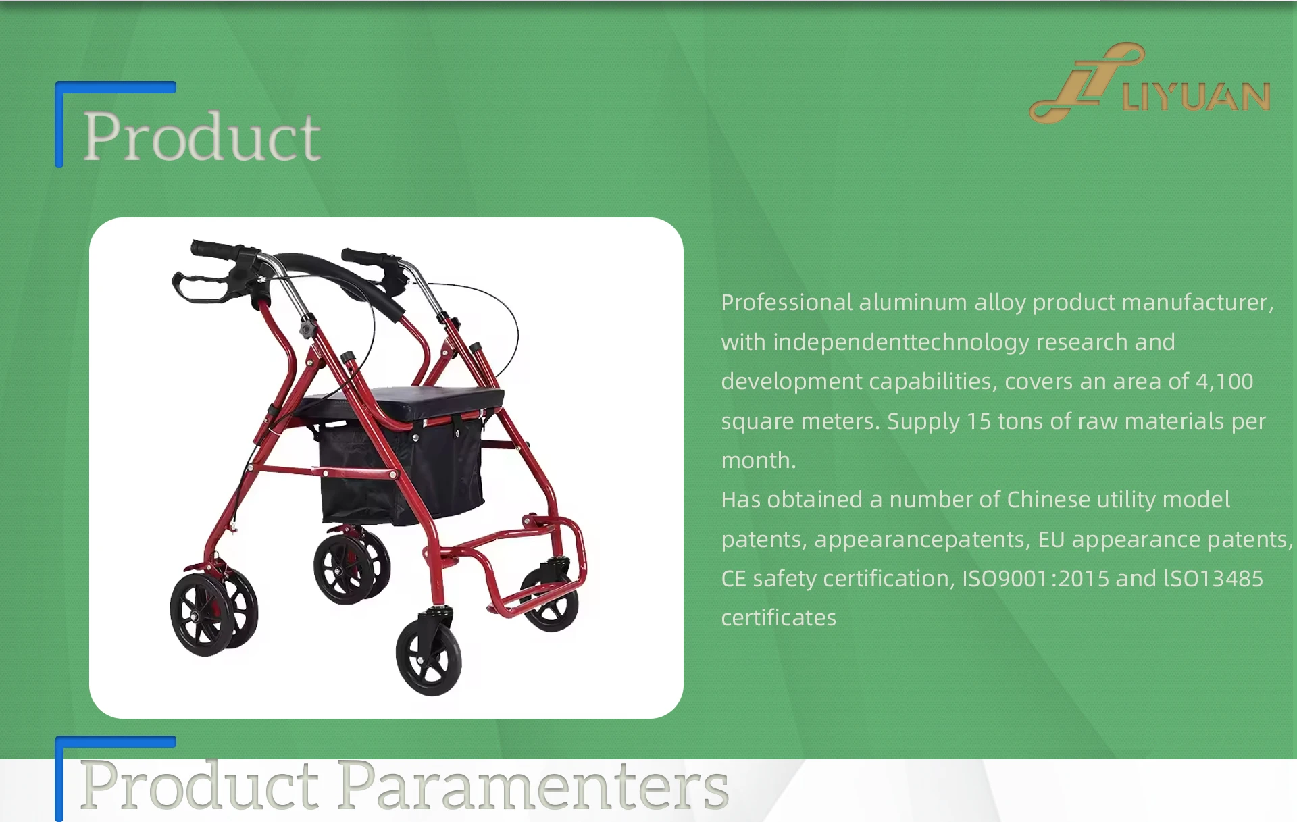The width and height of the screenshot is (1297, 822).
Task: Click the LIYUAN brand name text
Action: pyautogui.click(x=1196, y=97)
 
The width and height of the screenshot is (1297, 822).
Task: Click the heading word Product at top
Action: pyautogui.click(x=201, y=137)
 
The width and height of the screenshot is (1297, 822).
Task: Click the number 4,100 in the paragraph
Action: pyautogui.click(x=1224, y=382)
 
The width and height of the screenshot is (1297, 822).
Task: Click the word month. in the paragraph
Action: pyautogui.click(x=759, y=461)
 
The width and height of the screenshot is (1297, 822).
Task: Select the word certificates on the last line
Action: pyautogui.click(x=778, y=618)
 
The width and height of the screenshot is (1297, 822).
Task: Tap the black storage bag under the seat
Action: pyautogui.click(x=401, y=473)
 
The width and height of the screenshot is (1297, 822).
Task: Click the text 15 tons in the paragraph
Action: pyautogui.click(x=1005, y=421)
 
